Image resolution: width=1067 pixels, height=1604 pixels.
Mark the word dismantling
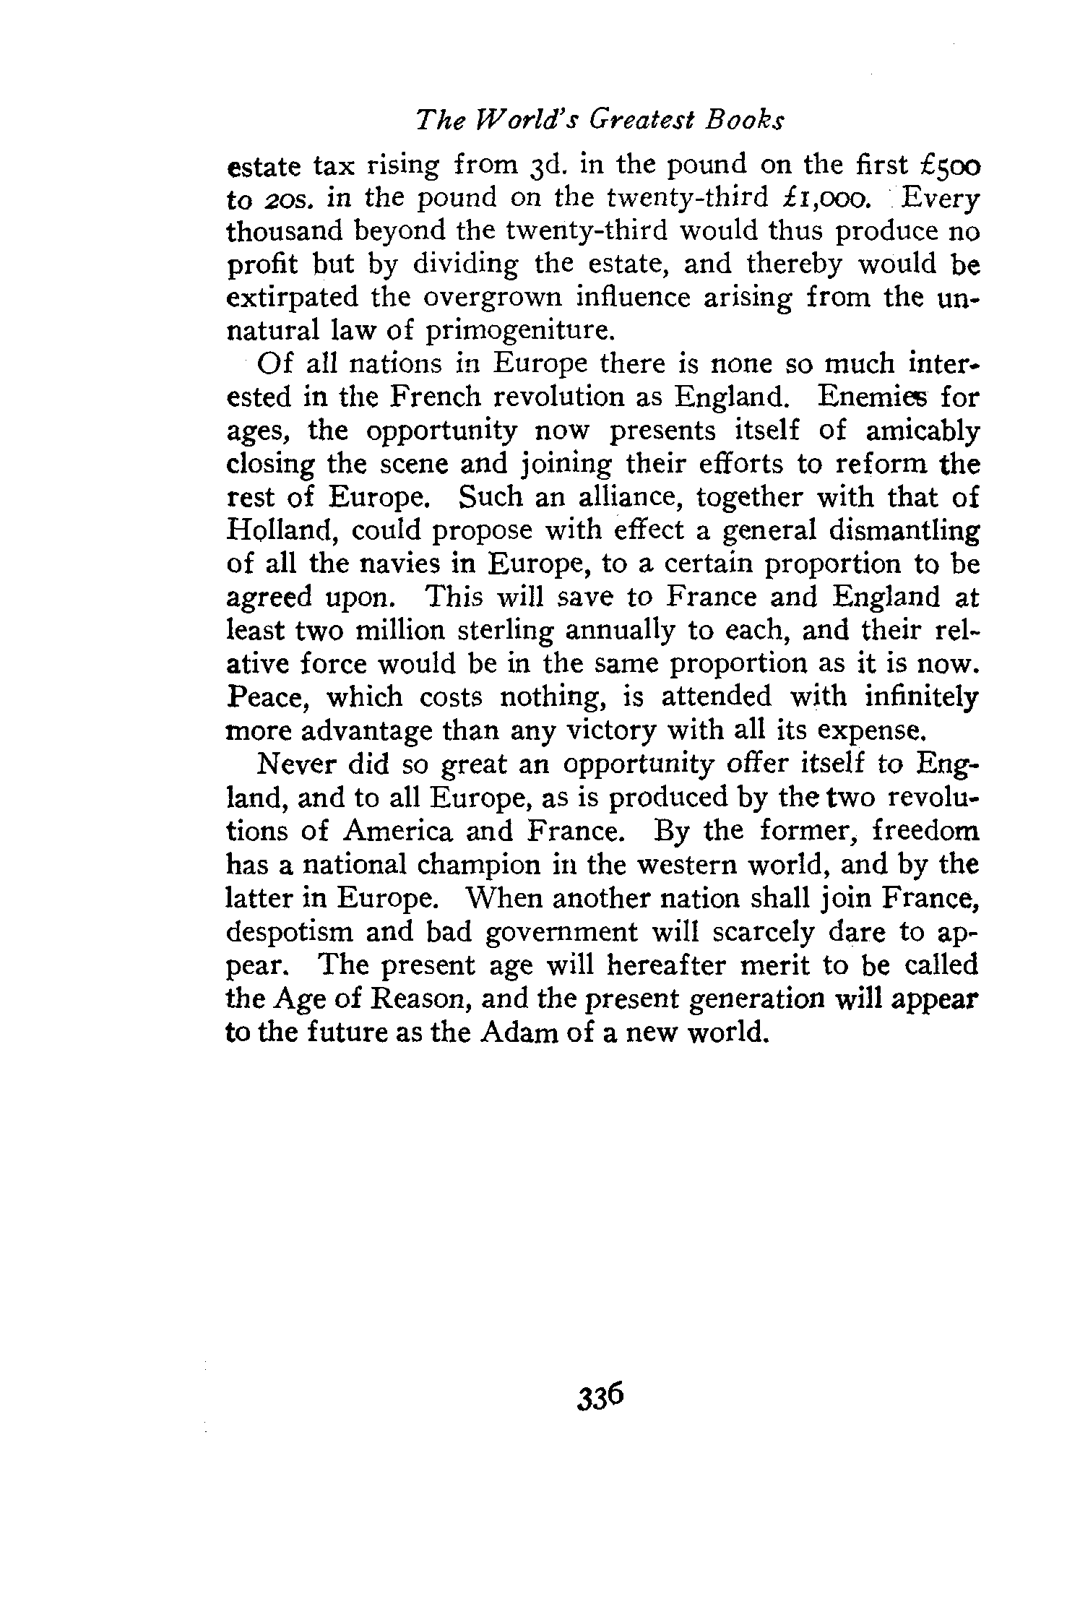pyautogui.click(x=908, y=531)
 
